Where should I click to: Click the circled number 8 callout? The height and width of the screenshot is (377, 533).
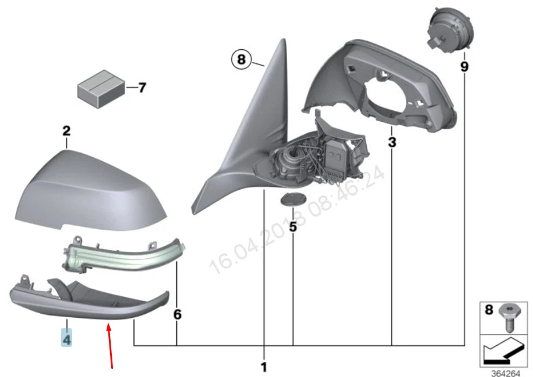click(x=242, y=59)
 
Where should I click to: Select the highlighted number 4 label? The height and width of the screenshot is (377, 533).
click(x=67, y=338)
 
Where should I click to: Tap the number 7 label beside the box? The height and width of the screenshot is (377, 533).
click(x=142, y=88)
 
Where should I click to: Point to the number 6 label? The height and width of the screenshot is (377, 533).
click(x=177, y=314)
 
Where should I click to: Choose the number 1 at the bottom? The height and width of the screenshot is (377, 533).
click(x=264, y=367)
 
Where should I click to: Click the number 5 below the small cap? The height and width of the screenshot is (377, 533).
click(x=293, y=227)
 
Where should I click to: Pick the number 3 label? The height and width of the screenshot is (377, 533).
click(x=392, y=141)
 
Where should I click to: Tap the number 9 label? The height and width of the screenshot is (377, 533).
click(x=464, y=67)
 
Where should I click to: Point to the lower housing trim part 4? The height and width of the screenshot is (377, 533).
click(x=87, y=299)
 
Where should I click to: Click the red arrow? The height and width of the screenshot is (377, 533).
click(x=109, y=346)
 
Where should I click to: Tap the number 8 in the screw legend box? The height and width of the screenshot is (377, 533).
click(x=488, y=311)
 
